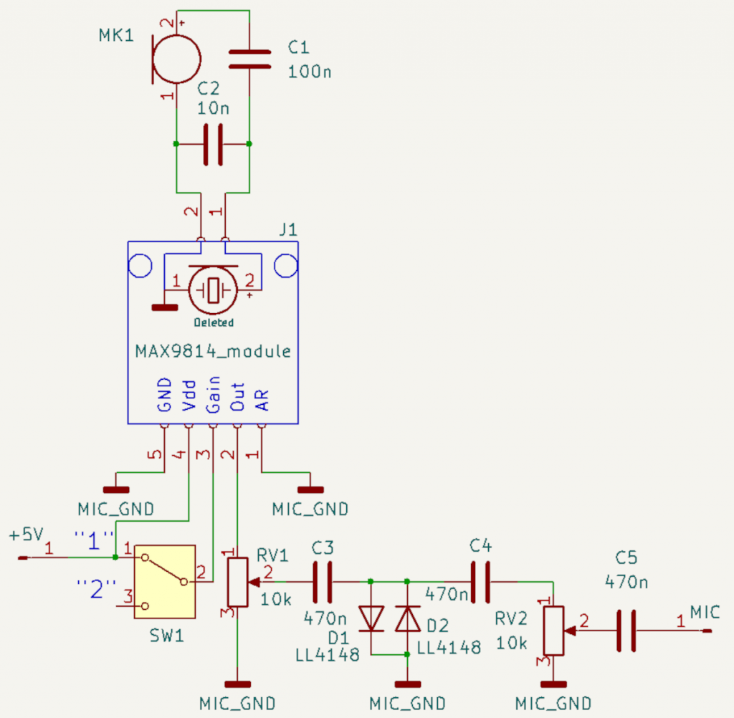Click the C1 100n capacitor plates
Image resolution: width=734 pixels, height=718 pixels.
[249, 59]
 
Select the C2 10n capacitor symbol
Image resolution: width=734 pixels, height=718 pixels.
[213, 144]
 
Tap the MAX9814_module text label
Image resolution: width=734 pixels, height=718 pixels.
[213, 351]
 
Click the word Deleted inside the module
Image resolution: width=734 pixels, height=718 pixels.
[214, 322]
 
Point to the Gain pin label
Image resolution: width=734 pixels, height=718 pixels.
[213, 395]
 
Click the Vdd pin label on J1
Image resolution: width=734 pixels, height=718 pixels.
[189, 396]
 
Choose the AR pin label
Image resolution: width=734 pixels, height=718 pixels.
[262, 400]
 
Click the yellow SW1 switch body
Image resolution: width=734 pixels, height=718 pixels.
[165, 582]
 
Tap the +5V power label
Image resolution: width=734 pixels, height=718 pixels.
[27, 535]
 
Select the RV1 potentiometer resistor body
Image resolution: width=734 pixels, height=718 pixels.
[238, 582]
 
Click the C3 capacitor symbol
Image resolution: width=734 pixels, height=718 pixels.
[323, 582]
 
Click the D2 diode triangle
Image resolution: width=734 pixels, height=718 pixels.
[408, 618]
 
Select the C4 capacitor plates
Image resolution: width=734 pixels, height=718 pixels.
[481, 582]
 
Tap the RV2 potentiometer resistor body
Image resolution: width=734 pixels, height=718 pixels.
[554, 631]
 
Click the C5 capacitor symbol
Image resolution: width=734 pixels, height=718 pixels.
[626, 631]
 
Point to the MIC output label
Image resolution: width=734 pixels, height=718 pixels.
[705, 612]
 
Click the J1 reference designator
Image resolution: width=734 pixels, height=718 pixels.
[288, 230]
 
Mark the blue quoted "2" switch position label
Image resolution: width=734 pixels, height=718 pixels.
[97, 589]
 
